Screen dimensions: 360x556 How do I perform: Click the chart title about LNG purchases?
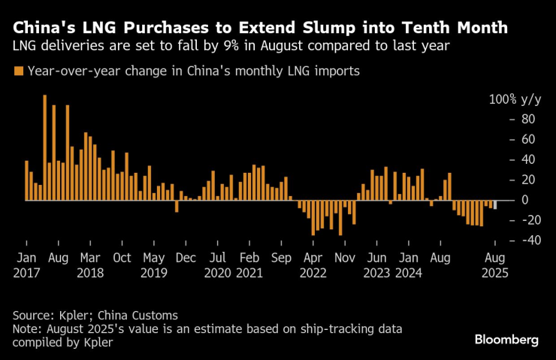260,28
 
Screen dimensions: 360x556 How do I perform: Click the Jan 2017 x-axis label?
26,265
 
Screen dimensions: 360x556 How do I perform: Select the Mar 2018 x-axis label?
89,265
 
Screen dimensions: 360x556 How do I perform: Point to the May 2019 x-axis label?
153,265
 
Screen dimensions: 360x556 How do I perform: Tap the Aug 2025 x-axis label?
494,265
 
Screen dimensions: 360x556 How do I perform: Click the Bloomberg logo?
506,340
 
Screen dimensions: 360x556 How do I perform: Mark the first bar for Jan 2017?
26,180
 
